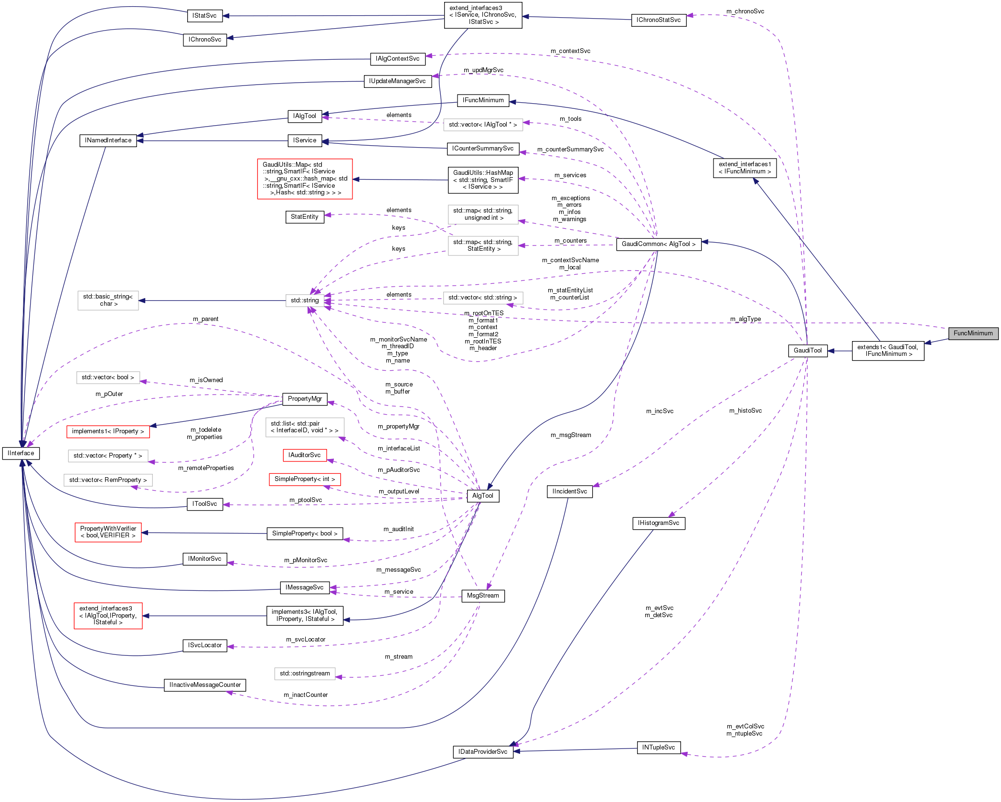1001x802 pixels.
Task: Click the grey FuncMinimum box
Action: point(973,333)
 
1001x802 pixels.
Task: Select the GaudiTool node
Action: point(808,351)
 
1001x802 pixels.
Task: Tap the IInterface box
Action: point(21,453)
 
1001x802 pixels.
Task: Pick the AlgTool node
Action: point(482,496)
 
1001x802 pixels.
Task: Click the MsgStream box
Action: point(483,596)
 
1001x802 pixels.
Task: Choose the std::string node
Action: point(305,300)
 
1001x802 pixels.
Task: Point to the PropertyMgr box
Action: point(305,399)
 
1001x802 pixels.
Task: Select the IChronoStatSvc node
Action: point(659,20)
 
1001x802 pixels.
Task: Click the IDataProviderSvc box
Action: point(483,752)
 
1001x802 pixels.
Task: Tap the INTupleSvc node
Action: point(659,748)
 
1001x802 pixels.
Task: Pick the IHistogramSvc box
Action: point(659,523)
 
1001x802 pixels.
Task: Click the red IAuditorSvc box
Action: point(305,455)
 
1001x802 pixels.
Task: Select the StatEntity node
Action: point(305,217)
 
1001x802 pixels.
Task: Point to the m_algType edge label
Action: point(745,319)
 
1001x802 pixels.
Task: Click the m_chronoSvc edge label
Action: point(745,11)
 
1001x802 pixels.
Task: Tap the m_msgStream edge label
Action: point(571,435)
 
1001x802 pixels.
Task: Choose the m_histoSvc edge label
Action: point(745,411)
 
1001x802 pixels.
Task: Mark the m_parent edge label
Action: point(206,319)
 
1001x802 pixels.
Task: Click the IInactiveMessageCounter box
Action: point(205,685)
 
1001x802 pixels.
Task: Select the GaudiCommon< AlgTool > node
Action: point(659,244)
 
